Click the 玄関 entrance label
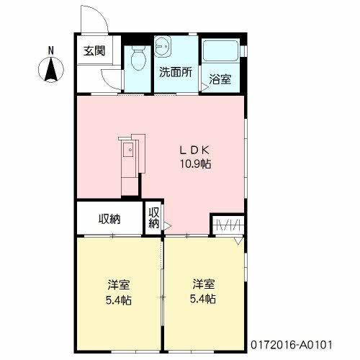pos(93,51)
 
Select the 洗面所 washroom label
pos(175,72)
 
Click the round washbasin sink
pos(163,45)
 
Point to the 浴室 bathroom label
pos(220,79)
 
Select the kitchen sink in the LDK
pos(128,151)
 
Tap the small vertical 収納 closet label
pos(154,218)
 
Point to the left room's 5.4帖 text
pos(119,299)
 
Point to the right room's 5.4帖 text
pos(202,299)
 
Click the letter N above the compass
pos(51,50)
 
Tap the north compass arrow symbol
pos(51,71)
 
